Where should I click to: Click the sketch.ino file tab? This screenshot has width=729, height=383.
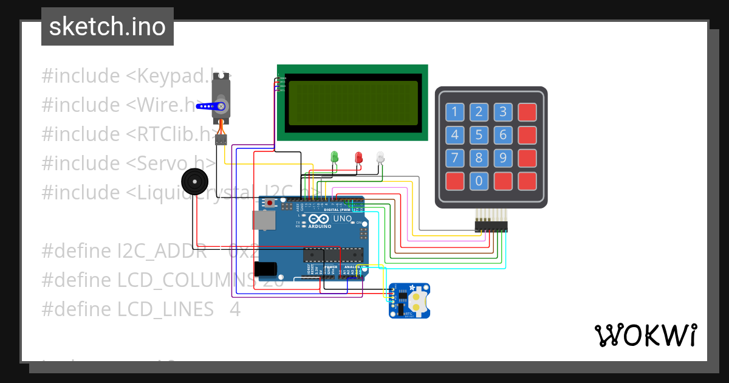108,27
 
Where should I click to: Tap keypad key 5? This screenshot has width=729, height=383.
479,135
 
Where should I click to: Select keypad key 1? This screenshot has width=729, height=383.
455,112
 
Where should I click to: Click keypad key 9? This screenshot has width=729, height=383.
502,158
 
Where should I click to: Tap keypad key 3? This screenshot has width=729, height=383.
502,112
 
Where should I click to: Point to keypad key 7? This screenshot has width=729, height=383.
455,158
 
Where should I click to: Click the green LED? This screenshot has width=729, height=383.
334,157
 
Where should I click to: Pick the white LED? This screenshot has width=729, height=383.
380,157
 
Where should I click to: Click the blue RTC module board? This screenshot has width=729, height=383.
409,300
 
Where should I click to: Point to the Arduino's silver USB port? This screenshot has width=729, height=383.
263,220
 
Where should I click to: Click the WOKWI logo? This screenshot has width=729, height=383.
645,335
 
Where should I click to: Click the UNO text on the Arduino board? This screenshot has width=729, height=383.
343,219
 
